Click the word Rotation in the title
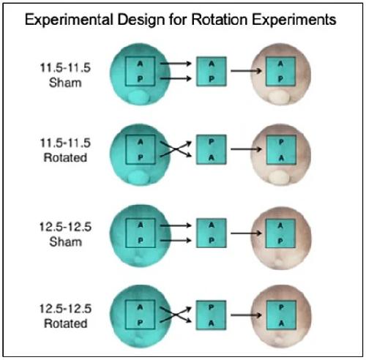point(219,20)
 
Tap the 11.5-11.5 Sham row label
point(65,75)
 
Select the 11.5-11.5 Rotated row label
point(65,150)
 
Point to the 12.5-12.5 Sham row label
point(65,234)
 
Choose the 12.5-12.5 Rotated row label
point(65,316)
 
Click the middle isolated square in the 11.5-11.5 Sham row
point(212,72)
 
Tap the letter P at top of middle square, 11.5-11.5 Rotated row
point(212,142)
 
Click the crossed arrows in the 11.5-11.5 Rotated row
point(176,149)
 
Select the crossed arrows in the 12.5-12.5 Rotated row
point(176,315)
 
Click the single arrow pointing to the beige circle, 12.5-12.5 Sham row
point(246,233)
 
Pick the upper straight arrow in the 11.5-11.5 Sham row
point(176,64)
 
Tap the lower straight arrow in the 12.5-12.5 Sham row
point(176,241)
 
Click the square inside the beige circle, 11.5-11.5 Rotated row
point(281,149)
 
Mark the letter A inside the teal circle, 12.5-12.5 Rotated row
point(140,307)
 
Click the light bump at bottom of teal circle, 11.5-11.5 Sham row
point(138,97)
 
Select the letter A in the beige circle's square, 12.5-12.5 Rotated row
point(281,323)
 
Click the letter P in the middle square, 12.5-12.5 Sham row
point(212,241)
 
